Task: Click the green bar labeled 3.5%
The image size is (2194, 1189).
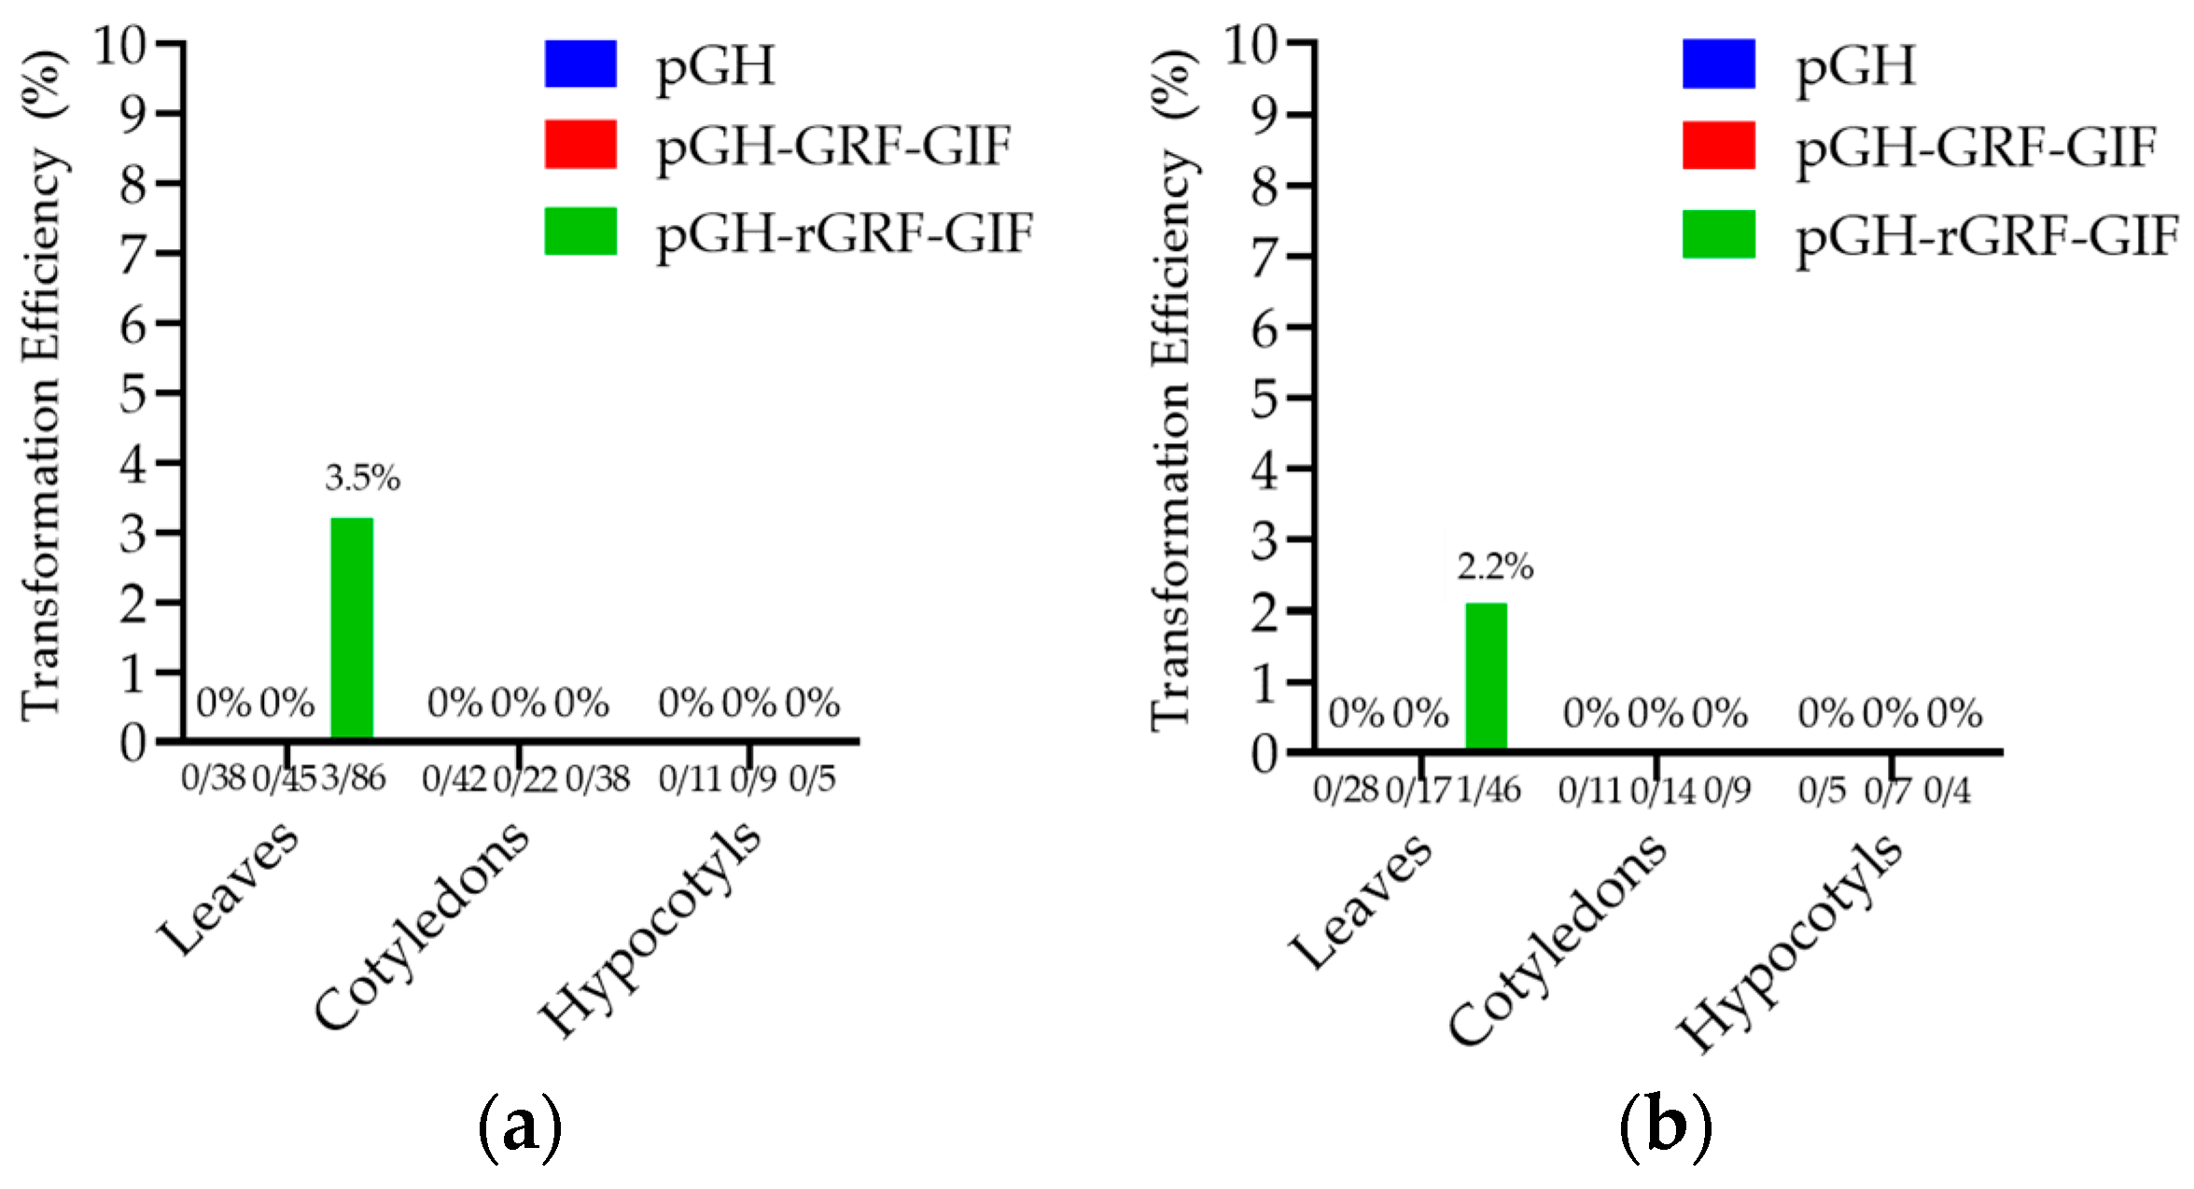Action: click(x=352, y=628)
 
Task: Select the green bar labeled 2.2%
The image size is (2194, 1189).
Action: click(x=1486, y=676)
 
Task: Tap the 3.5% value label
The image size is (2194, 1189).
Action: click(x=362, y=478)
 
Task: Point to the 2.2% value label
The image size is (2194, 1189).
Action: click(x=1495, y=567)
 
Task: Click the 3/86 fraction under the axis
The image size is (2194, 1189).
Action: click(x=354, y=777)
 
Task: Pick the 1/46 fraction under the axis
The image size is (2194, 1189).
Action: click(x=1488, y=790)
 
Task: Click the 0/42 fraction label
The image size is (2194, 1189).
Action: click(x=454, y=778)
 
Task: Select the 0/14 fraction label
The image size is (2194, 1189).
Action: click(x=1663, y=791)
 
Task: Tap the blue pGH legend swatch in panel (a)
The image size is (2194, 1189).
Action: click(x=580, y=63)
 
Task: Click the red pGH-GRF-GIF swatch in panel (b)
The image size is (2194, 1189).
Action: click(x=1718, y=146)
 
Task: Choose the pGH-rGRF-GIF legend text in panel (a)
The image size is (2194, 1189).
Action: click(x=845, y=232)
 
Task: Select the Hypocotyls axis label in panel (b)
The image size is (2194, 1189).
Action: click(x=1790, y=943)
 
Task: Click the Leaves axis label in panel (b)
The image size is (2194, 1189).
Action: click(x=1360, y=902)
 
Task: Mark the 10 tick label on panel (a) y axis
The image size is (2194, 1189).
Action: click(x=119, y=44)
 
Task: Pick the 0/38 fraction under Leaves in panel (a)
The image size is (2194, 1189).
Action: click(x=213, y=777)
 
